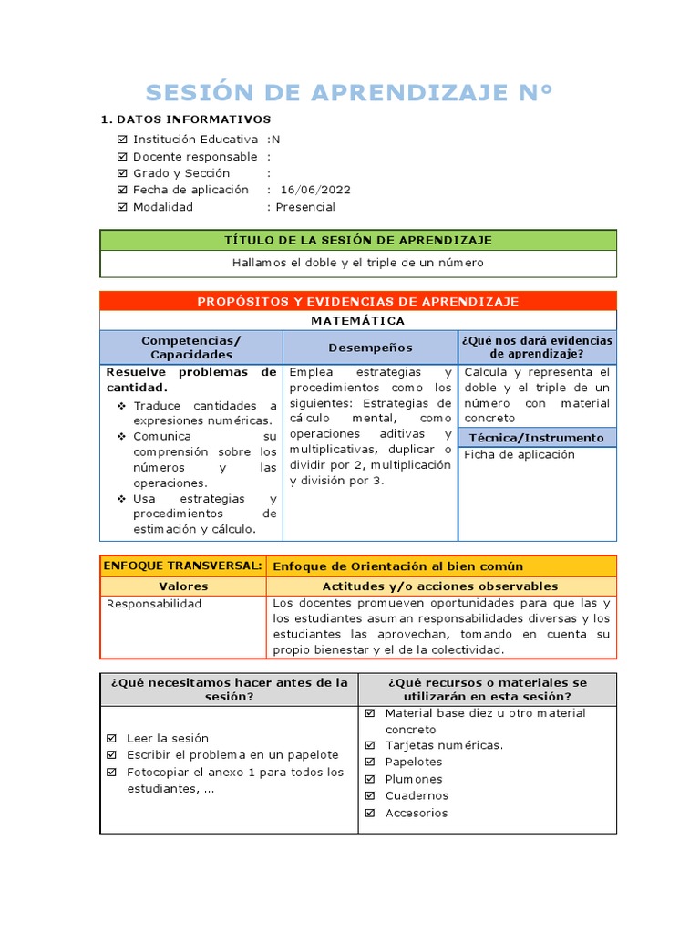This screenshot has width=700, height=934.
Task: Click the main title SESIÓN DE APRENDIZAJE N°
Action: [349, 92]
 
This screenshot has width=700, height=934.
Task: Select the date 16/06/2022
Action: [315, 190]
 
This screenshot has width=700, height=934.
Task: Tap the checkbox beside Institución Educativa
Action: [122, 140]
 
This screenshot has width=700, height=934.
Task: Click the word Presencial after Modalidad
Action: [305, 207]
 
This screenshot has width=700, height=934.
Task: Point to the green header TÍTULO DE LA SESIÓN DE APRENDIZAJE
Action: [358, 240]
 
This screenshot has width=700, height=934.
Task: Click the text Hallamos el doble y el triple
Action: [358, 263]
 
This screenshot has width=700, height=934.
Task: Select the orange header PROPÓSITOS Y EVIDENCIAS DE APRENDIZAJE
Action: [358, 301]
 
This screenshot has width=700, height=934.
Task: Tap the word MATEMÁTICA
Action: [358, 321]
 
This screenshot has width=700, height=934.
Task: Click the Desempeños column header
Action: [370, 348]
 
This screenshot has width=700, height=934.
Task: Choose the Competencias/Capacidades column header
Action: [191, 347]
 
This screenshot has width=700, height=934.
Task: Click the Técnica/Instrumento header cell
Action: [537, 438]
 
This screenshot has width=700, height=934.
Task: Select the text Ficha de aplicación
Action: [520, 454]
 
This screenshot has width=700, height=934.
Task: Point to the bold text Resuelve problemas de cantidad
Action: [191, 379]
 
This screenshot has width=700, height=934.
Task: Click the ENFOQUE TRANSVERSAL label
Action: [183, 566]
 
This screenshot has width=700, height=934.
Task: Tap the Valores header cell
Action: [183, 586]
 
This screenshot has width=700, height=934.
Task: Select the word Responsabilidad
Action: [154, 604]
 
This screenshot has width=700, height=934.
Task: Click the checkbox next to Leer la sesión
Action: [112, 738]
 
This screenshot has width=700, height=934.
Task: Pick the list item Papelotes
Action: [413, 762]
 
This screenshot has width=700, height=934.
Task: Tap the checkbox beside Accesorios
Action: [370, 813]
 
